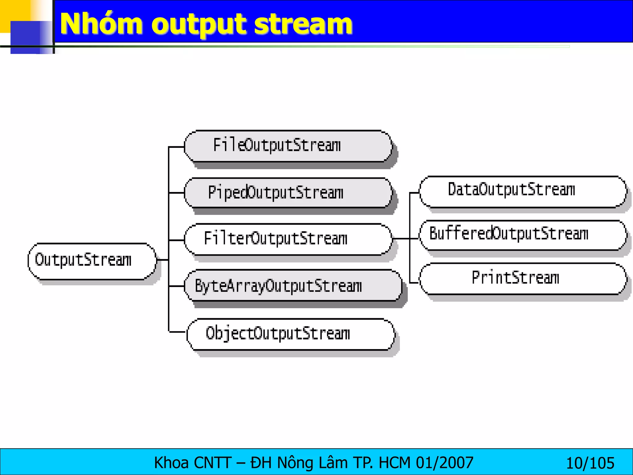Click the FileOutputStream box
coord(287,146)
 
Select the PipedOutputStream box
coord(287,193)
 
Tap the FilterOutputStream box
coord(287,239)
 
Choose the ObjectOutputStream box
coord(291,334)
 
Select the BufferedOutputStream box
coord(522,235)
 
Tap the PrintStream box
coord(522,278)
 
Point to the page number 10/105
coord(590,463)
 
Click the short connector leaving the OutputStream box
coord(163,260)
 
